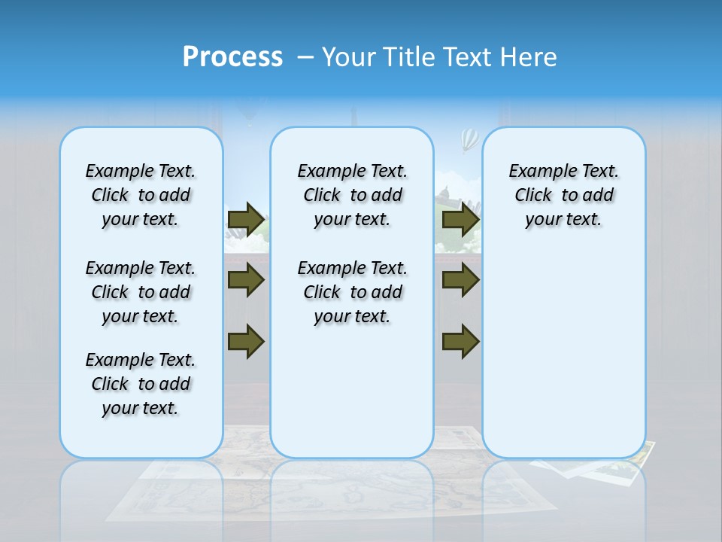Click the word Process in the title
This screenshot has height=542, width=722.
point(232,57)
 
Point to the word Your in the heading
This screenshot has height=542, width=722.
point(349,57)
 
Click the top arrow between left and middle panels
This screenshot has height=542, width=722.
point(246,220)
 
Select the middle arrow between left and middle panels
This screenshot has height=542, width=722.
point(246,281)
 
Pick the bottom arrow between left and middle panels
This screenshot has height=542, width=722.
point(246,342)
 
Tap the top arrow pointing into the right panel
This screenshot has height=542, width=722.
point(460,220)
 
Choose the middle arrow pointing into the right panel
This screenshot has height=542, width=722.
point(460,281)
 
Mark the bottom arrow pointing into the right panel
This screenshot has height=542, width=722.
point(460,342)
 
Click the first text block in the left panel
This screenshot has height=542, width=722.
point(141,195)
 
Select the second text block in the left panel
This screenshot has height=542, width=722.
point(141,292)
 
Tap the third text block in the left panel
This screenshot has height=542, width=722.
point(141,384)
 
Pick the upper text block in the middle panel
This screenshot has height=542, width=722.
point(352,195)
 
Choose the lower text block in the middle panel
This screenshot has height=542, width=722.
point(352,292)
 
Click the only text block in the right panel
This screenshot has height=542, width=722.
point(563,195)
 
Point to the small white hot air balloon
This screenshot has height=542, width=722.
point(469,139)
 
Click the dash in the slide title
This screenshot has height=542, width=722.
point(305,57)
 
